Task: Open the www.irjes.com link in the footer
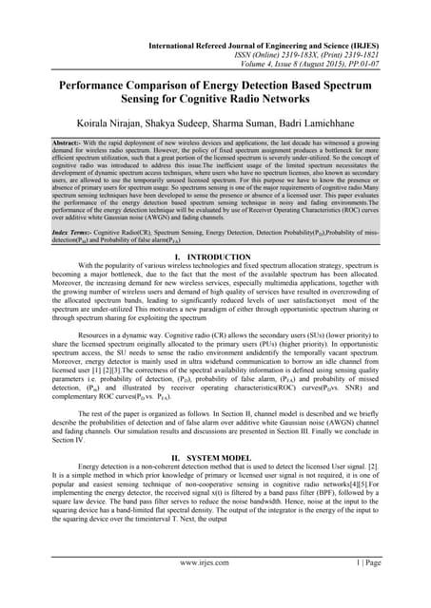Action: [215, 588]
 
